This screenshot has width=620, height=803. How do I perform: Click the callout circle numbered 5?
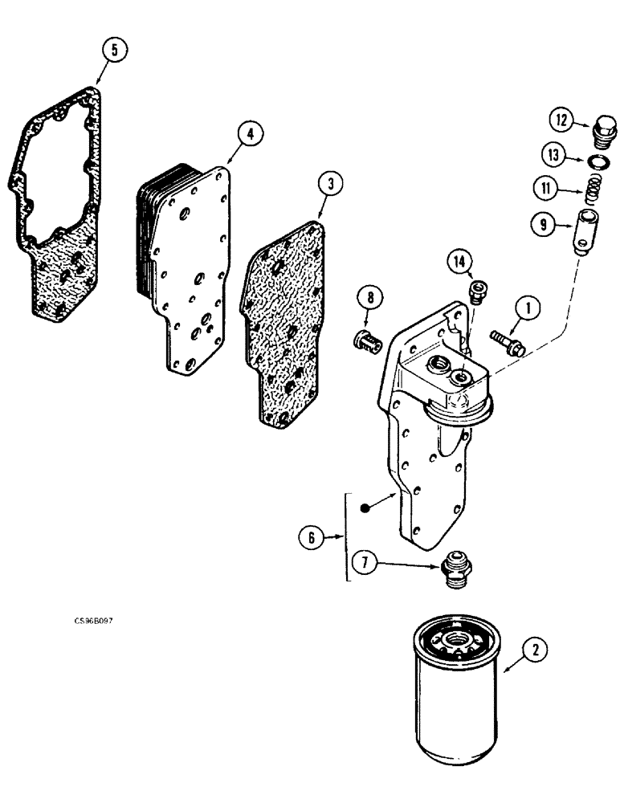114,50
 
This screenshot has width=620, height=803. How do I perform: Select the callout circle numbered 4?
251,134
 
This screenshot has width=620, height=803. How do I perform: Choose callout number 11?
546,190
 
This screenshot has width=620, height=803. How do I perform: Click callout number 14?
458,262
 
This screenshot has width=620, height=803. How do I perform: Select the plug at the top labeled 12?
604,128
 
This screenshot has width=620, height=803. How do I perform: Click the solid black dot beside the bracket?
365,507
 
